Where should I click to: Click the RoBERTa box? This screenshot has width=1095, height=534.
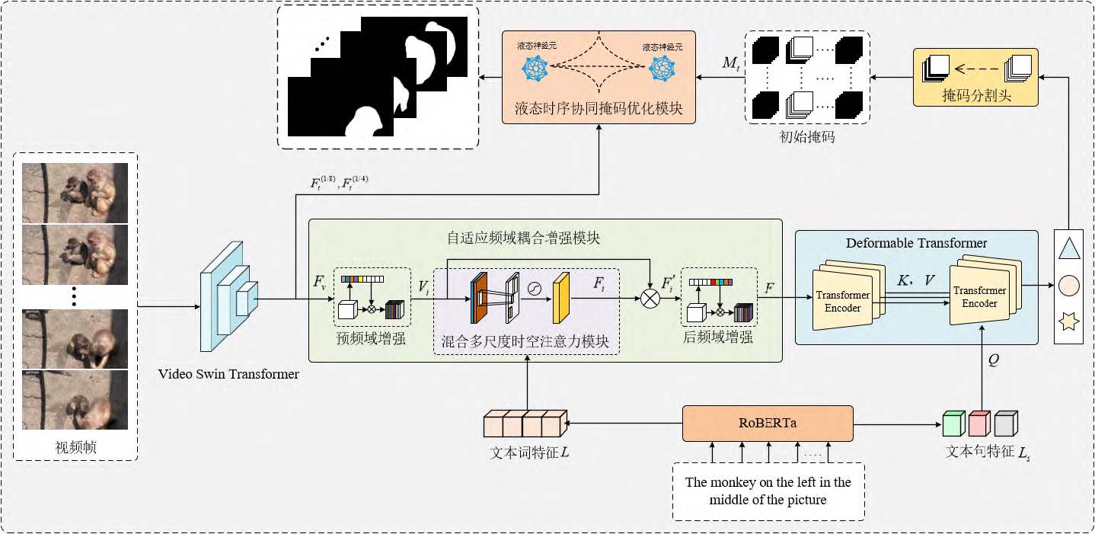click(767, 424)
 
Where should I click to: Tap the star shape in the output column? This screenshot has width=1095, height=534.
click(1069, 323)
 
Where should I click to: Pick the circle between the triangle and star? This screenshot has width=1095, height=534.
click(1069, 286)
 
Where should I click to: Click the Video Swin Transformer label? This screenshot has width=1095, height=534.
click(228, 374)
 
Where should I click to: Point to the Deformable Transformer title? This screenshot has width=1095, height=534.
click(916, 243)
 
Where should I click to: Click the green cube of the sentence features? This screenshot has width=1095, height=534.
click(953, 423)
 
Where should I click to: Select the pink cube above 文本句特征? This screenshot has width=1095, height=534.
click(978, 423)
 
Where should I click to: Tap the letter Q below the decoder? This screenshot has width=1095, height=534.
click(993, 361)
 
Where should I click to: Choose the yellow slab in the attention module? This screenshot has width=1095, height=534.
click(561, 297)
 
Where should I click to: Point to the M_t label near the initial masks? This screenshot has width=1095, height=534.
click(730, 63)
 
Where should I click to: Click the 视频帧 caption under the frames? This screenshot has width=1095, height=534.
click(75, 447)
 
